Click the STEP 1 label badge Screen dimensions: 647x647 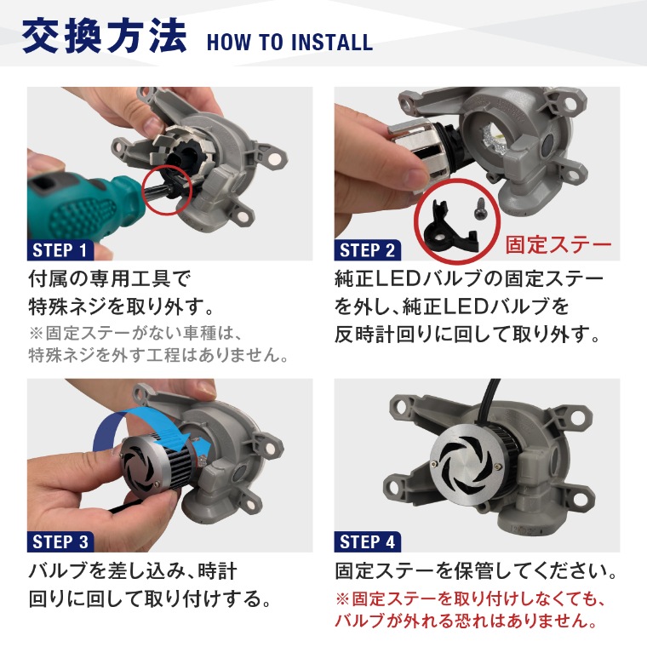pyautogui.click(x=60, y=250)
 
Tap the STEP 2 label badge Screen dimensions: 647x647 pyautogui.click(x=367, y=250)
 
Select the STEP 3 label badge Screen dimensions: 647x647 pyautogui.click(x=60, y=541)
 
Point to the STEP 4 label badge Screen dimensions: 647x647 pyautogui.click(x=367, y=541)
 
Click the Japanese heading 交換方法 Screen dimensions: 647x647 pyautogui.click(x=105, y=37)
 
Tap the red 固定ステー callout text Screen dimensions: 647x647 pyautogui.click(x=558, y=244)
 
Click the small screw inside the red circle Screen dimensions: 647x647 pyautogui.click(x=480, y=208)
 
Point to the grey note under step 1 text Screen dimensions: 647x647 pyautogui.click(x=158, y=344)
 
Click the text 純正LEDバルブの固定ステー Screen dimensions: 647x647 pyautogui.click(x=469, y=279)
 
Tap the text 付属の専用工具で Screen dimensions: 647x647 pyautogui.click(x=109, y=279)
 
